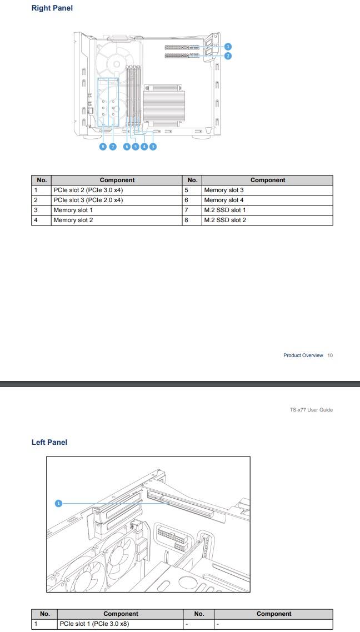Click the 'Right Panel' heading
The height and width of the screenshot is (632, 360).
pos(52,8)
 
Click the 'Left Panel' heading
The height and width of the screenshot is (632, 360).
pos(49,442)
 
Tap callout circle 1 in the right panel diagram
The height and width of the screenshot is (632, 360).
pos(228,47)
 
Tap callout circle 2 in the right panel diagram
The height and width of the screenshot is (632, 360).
pos(228,56)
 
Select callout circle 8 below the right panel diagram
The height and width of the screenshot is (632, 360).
pos(103,147)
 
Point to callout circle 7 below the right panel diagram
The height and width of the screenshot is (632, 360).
pos(112,147)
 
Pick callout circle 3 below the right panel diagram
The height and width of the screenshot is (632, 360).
pos(153,147)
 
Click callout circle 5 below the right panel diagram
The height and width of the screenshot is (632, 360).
pos(136,147)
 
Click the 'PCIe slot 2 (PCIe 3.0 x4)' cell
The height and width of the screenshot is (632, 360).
pos(88,190)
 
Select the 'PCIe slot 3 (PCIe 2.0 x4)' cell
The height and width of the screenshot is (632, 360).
pos(88,200)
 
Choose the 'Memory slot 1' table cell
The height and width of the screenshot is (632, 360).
pos(73,210)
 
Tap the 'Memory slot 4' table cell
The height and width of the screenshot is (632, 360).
pos(223,200)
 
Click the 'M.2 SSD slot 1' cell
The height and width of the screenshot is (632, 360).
pos(224,210)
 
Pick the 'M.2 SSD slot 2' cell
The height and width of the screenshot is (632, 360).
pos(224,220)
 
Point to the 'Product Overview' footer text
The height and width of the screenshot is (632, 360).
pos(303,355)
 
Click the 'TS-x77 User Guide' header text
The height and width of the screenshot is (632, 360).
pos(311,410)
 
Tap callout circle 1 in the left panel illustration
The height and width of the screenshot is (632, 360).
pos(58,503)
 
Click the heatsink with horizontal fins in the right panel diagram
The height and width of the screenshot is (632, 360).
pos(163,106)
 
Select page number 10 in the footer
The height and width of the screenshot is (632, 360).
pos(330,355)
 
